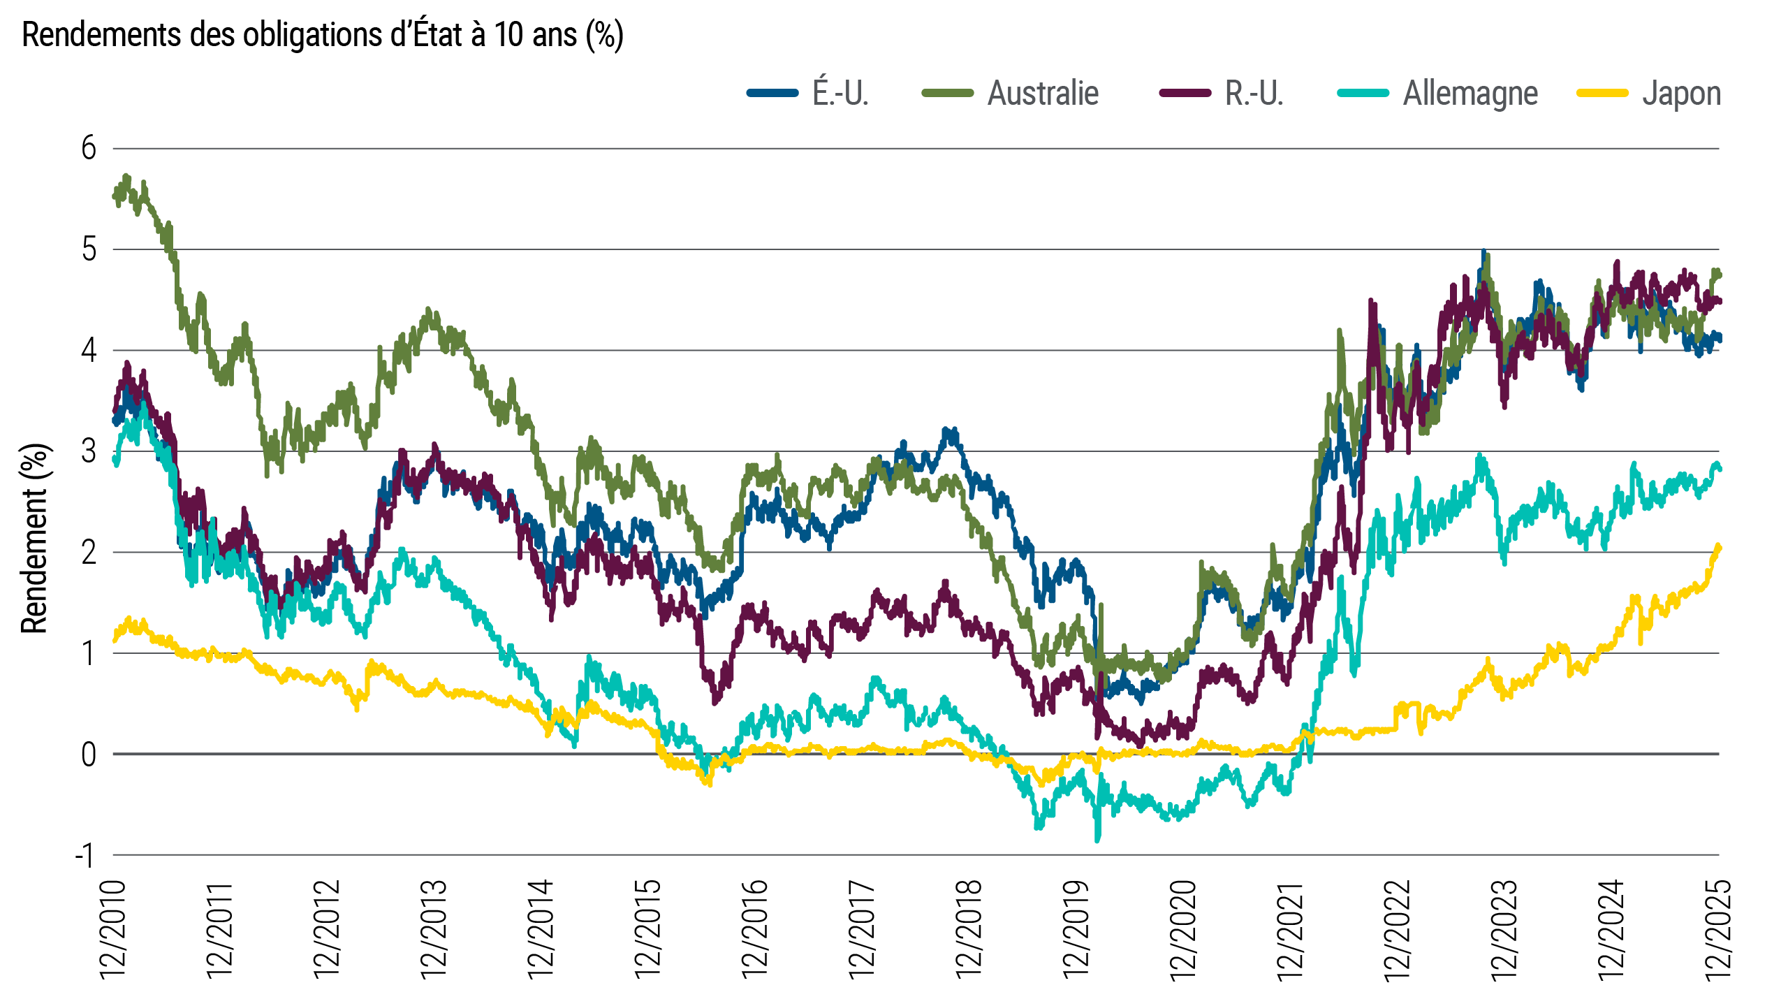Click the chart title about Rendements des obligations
pyautogui.click(x=322, y=35)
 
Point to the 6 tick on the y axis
pyautogui.click(x=89, y=148)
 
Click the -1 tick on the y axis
pyautogui.click(x=85, y=855)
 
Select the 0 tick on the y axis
pyautogui.click(x=89, y=754)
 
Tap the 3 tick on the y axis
pyautogui.click(x=89, y=451)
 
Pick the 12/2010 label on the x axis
pyautogui.click(x=113, y=929)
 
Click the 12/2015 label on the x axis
pyautogui.click(x=647, y=929)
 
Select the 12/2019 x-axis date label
pyautogui.click(x=1076, y=929)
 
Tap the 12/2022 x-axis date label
pyautogui.click(x=1398, y=929)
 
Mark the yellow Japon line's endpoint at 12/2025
pyautogui.click(x=1718, y=547)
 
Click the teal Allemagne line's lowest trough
pyautogui.click(x=1097, y=840)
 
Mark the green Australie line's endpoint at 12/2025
pyautogui.click(x=1718, y=273)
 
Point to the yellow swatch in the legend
pyautogui.click(x=1602, y=94)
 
